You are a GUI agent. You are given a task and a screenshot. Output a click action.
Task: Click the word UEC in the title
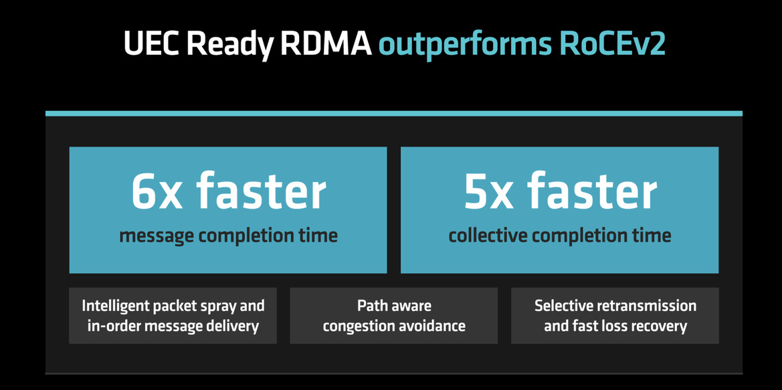(x=152, y=43)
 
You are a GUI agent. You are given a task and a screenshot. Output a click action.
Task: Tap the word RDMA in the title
(x=324, y=43)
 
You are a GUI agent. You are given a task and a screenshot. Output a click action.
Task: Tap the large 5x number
(x=491, y=192)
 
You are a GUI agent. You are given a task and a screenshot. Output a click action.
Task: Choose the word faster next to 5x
(x=593, y=191)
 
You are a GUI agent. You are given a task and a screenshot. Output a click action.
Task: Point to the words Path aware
(x=394, y=305)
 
